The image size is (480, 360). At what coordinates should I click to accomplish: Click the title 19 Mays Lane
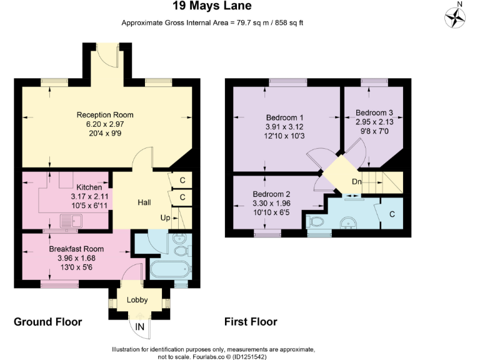click(213, 7)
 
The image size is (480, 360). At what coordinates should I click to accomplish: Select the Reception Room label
click(105, 115)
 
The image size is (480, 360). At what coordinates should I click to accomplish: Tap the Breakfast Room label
click(76, 249)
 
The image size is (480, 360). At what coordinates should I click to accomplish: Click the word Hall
click(144, 202)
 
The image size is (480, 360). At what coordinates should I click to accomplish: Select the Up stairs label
click(166, 218)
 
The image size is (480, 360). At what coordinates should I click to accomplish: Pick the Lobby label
click(137, 300)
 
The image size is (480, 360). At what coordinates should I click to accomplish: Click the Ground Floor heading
click(48, 322)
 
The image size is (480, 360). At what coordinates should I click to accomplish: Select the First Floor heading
click(251, 322)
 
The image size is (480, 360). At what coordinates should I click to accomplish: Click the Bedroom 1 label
click(284, 117)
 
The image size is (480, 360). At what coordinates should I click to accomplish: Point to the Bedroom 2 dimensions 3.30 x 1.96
click(271, 203)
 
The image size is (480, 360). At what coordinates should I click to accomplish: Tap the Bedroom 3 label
click(374, 113)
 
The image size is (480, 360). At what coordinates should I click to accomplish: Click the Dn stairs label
click(357, 182)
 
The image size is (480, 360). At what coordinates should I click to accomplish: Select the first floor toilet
click(316, 221)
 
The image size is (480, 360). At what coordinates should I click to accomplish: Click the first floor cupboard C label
click(392, 214)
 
